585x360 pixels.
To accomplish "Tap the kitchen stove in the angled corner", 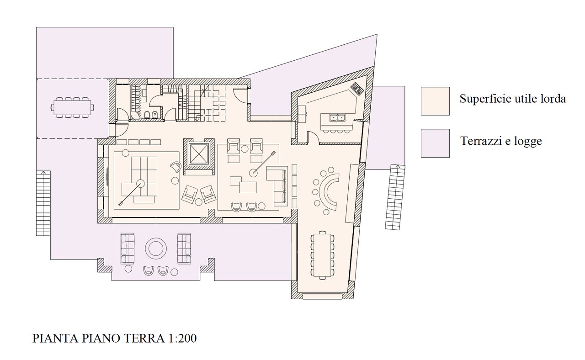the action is click(x=357, y=88).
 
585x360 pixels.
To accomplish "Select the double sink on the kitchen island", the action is click(x=337, y=118).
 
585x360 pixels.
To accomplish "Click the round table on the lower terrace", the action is click(x=156, y=248).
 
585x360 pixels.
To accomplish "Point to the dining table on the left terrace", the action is click(x=72, y=107).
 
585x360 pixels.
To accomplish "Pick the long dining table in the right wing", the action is click(x=323, y=255).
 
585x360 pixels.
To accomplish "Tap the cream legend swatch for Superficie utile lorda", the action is click(x=435, y=101).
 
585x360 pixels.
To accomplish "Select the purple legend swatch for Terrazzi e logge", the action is click(x=435, y=143).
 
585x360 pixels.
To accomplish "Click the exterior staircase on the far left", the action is click(x=43, y=203).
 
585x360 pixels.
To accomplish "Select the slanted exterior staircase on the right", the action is click(x=395, y=197).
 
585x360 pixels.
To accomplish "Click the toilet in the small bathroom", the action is click(x=147, y=114).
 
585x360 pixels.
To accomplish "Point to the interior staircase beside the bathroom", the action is click(x=207, y=103).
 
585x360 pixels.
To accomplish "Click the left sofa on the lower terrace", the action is click(x=128, y=249).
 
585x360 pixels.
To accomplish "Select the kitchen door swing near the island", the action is click(x=313, y=137).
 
